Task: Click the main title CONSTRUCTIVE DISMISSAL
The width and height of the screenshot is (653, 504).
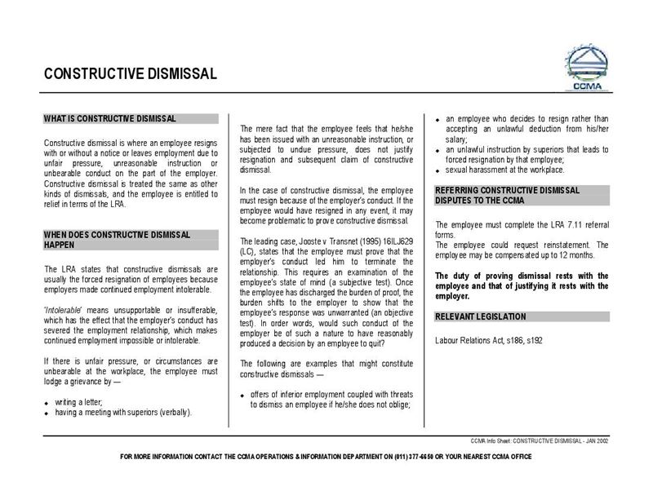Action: click(131, 74)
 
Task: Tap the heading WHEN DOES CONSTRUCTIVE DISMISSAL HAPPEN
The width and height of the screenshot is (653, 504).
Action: click(117, 240)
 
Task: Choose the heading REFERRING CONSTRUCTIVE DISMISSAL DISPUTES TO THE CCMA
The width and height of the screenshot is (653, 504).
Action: click(507, 195)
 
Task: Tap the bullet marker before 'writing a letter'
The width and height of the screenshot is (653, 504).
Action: click(47, 403)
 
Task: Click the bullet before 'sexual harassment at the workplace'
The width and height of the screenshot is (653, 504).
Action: click(438, 170)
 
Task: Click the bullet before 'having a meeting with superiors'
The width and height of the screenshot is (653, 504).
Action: click(47, 413)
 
